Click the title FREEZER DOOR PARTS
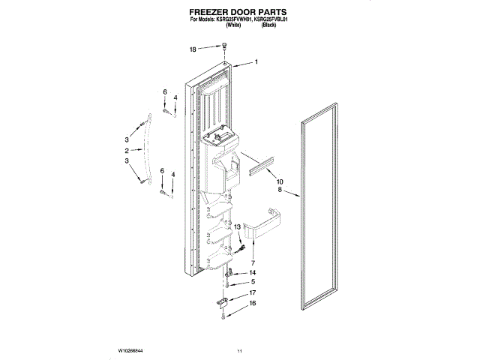point(239,13)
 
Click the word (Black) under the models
point(269,29)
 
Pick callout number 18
point(193,49)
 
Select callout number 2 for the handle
point(127,151)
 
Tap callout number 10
point(280,182)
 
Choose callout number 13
point(237,226)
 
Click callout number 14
point(253,273)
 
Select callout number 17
point(253,293)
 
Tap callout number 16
point(253,304)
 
